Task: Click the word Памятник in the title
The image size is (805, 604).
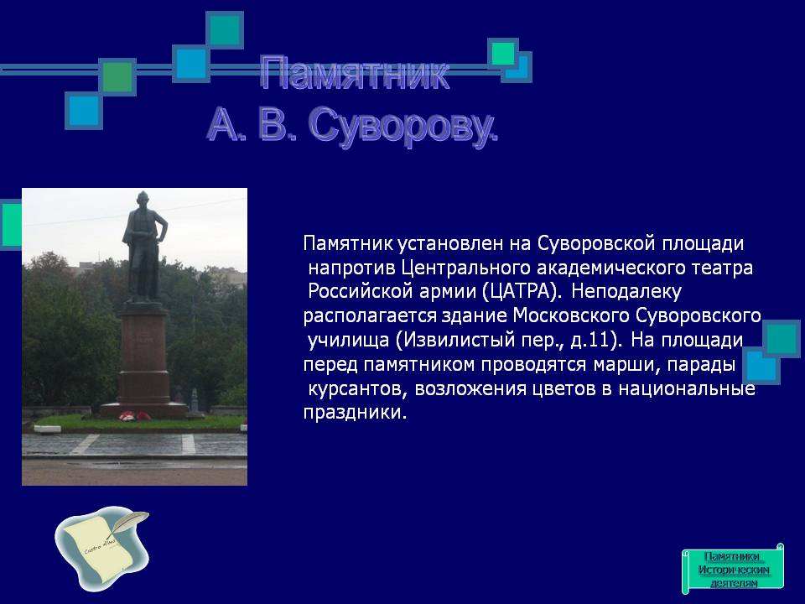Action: click(354, 75)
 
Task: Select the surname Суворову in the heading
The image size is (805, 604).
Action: click(403, 125)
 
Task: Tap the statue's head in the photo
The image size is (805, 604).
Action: click(143, 200)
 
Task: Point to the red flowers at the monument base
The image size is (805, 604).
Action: click(134, 416)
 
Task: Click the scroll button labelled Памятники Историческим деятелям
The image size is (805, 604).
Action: click(733, 570)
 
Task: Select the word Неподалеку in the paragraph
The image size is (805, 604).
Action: click(626, 292)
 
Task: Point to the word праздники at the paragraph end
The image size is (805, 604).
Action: click(355, 413)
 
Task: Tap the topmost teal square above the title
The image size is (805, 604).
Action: click(225, 30)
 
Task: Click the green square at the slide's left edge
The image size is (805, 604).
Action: click(11, 225)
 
